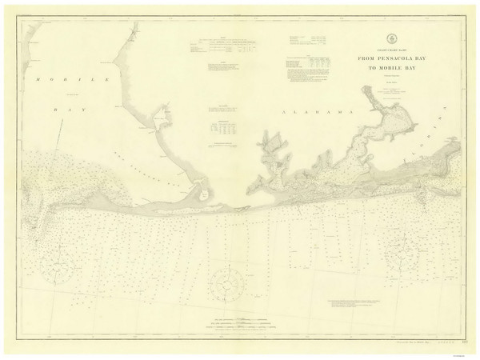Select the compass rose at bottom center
click(x=228, y=283)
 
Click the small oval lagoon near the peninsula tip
click(x=203, y=192)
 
